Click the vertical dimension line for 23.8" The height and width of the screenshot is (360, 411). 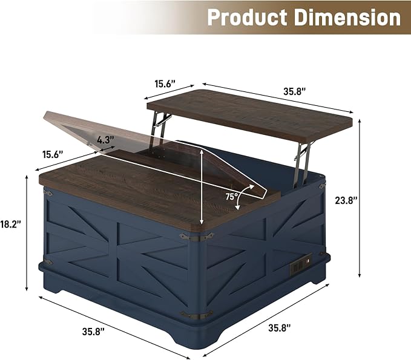pyautogui.click(x=361, y=200)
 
